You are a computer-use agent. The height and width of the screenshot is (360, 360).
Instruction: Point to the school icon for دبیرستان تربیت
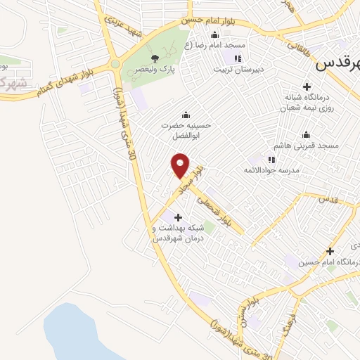point(237,58)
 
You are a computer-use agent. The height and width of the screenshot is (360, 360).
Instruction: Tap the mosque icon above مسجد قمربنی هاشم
point(306,134)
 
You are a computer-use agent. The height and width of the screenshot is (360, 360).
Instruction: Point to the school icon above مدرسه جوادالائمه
point(271,160)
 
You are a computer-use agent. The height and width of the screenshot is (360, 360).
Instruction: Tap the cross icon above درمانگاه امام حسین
point(330,251)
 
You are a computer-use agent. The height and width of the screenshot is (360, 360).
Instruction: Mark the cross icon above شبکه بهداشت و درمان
point(177,217)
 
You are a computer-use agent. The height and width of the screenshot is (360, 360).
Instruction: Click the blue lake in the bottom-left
point(77,336)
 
